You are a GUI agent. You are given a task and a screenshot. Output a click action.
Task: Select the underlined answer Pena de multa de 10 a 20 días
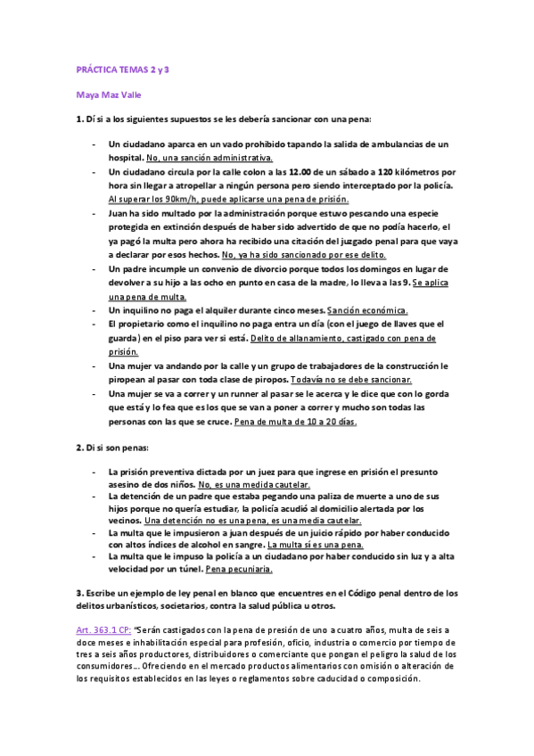(296, 421)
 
